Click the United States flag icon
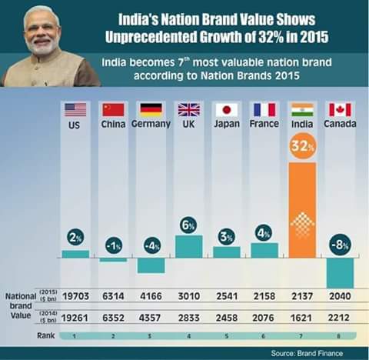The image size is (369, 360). click(75, 109)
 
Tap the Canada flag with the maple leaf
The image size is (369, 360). click(340, 109)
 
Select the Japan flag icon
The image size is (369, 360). click(227, 109)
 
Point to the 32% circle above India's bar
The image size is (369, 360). click(302, 146)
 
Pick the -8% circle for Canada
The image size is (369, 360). click(340, 245)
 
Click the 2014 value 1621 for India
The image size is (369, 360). click(302, 315)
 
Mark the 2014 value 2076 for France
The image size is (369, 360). click(264, 315)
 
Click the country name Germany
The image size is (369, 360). click(151, 124)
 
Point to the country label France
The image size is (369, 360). click(264, 124)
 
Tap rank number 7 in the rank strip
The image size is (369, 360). click(302, 336)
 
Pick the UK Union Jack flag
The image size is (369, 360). click(189, 109)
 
